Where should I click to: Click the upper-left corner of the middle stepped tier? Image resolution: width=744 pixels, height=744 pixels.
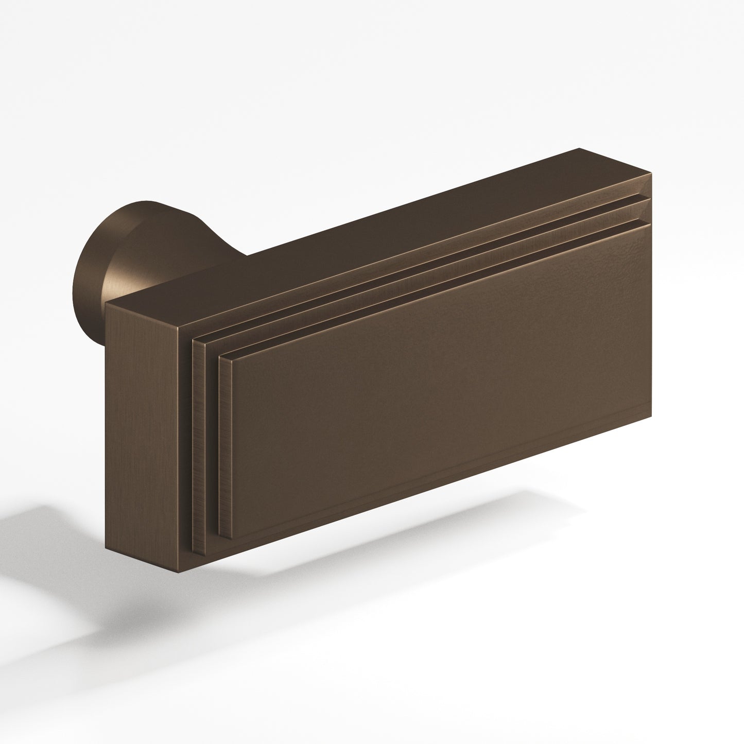coord(193,340)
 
